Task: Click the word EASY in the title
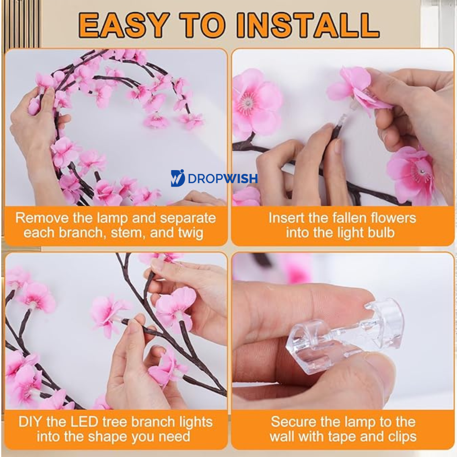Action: click(124, 25)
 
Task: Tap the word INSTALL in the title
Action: click(308, 25)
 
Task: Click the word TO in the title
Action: click(203, 25)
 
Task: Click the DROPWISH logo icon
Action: click(177, 178)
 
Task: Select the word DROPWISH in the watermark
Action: click(223, 179)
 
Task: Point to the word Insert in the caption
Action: click(285, 218)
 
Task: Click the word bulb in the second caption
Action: click(381, 233)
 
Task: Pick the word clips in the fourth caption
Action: click(402, 437)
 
